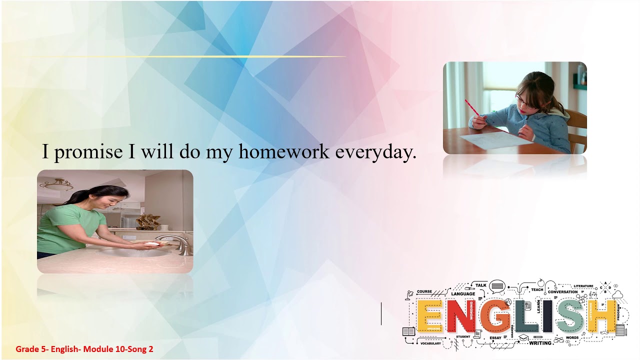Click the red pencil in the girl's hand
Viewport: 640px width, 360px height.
coord(472,107)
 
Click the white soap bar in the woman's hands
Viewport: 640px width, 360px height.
coord(151,244)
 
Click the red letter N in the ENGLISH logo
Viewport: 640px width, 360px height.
coord(461,316)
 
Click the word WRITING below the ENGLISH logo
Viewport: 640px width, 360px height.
coord(540,343)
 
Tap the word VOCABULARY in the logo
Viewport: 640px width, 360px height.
coord(430,343)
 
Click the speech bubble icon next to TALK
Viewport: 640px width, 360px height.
coord(496,286)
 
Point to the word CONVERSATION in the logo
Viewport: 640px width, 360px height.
coord(562,292)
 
